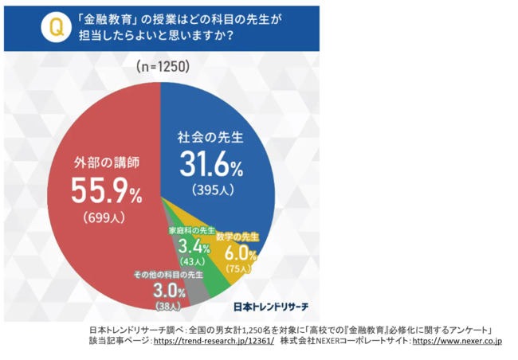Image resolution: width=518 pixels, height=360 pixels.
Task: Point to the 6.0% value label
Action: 239,256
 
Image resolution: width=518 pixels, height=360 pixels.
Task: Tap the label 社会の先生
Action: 209,138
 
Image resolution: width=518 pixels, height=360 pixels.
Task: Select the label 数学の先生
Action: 237,237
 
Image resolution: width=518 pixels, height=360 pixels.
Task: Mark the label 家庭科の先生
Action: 190,230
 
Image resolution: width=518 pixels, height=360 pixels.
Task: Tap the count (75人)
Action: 240,269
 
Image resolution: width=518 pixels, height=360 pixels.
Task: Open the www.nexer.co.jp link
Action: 457,341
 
